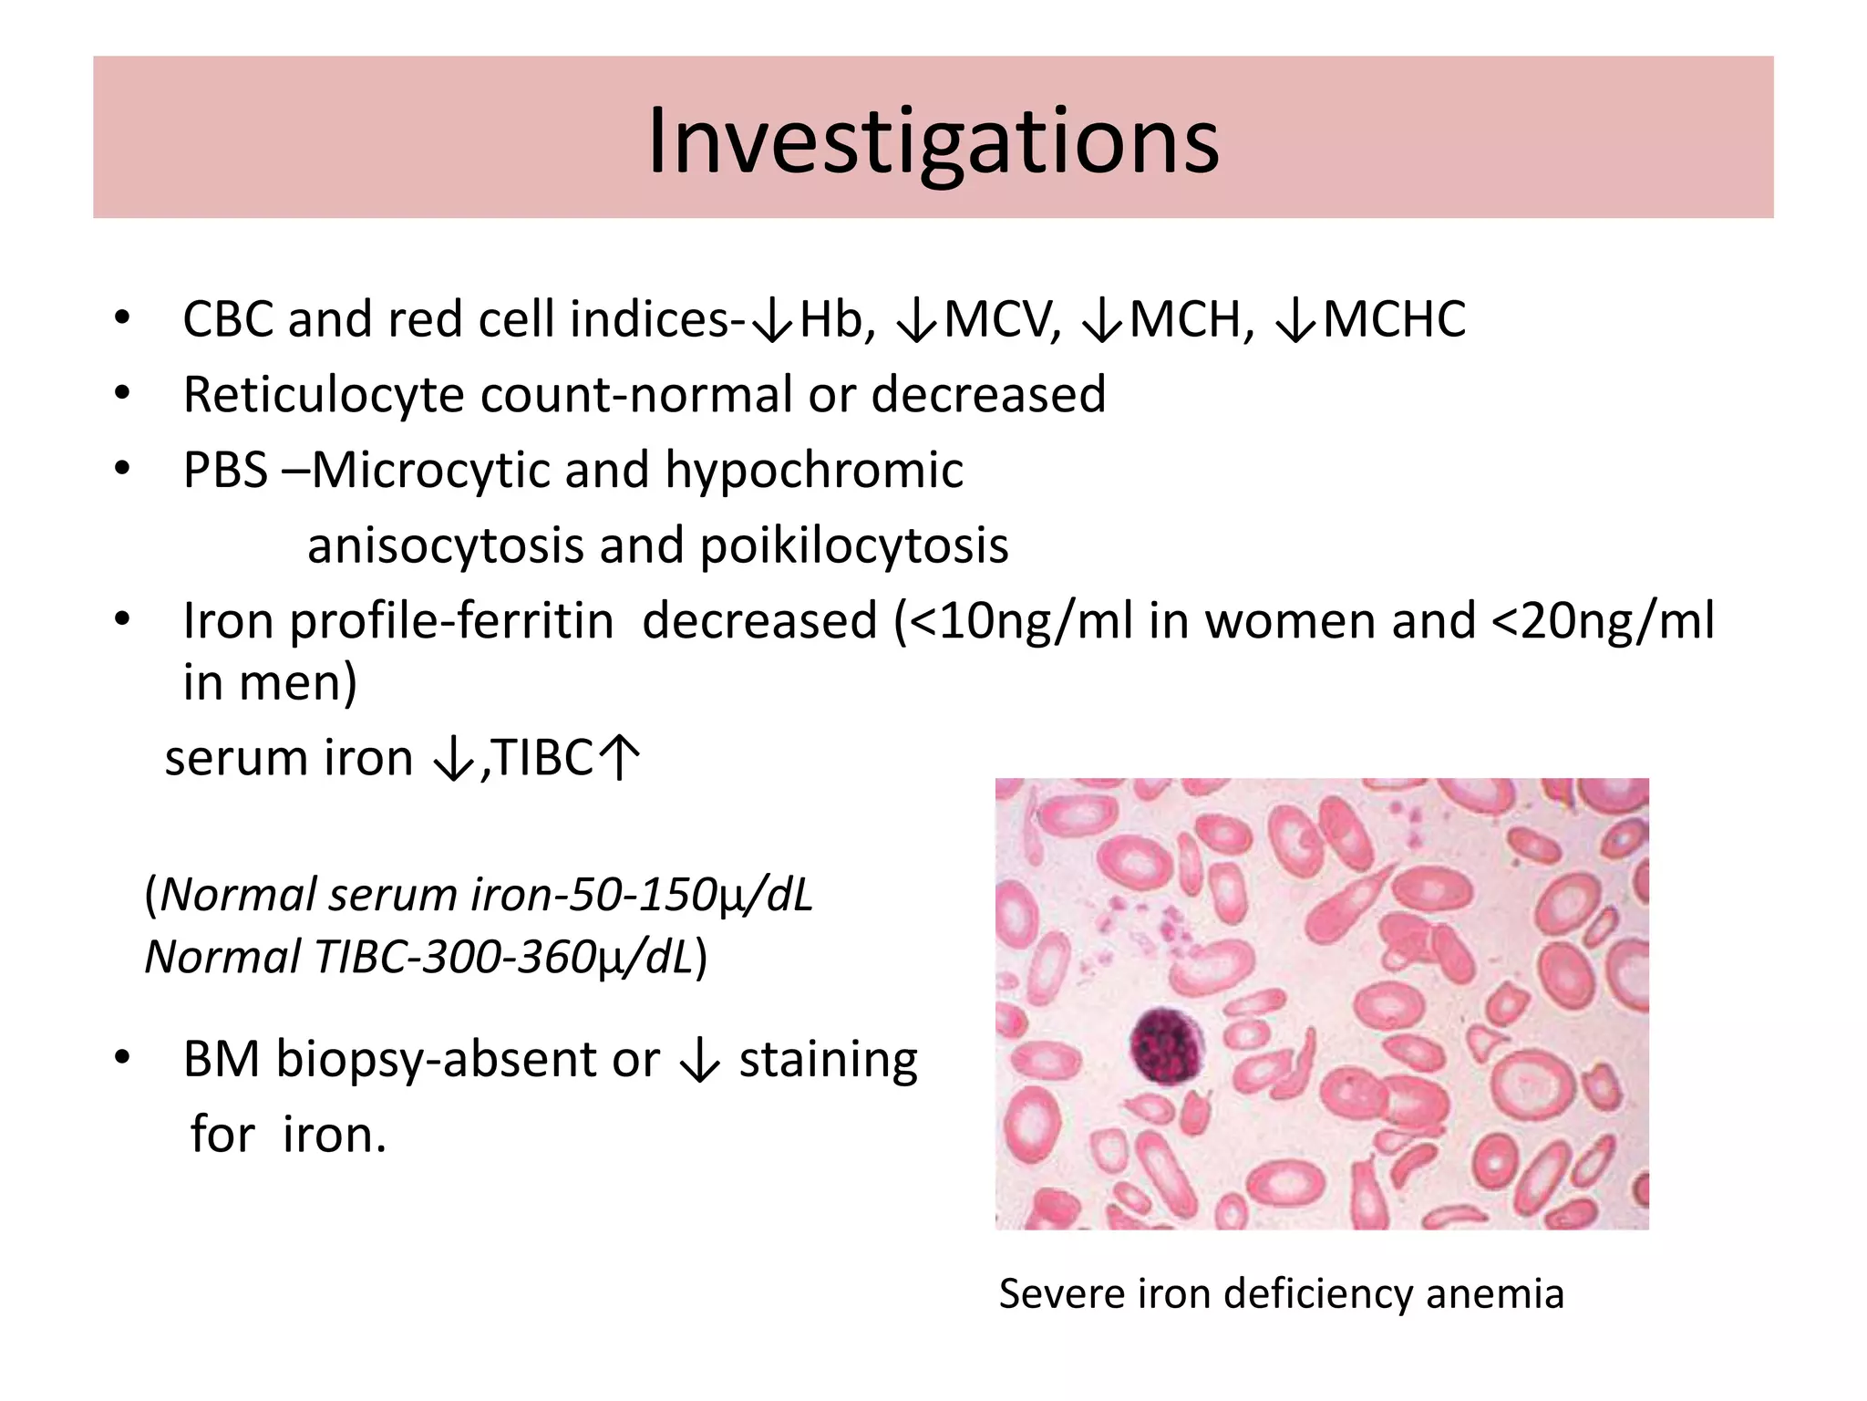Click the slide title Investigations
[x=933, y=141]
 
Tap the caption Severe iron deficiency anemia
[x=1281, y=1293]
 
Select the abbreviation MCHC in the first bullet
[x=1394, y=320]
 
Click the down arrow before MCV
[x=917, y=322]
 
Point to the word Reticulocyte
[x=324, y=396]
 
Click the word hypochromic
[x=813, y=472]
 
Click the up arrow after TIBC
[x=622, y=758]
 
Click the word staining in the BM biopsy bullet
[x=828, y=1061]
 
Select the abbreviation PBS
[x=225, y=471]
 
